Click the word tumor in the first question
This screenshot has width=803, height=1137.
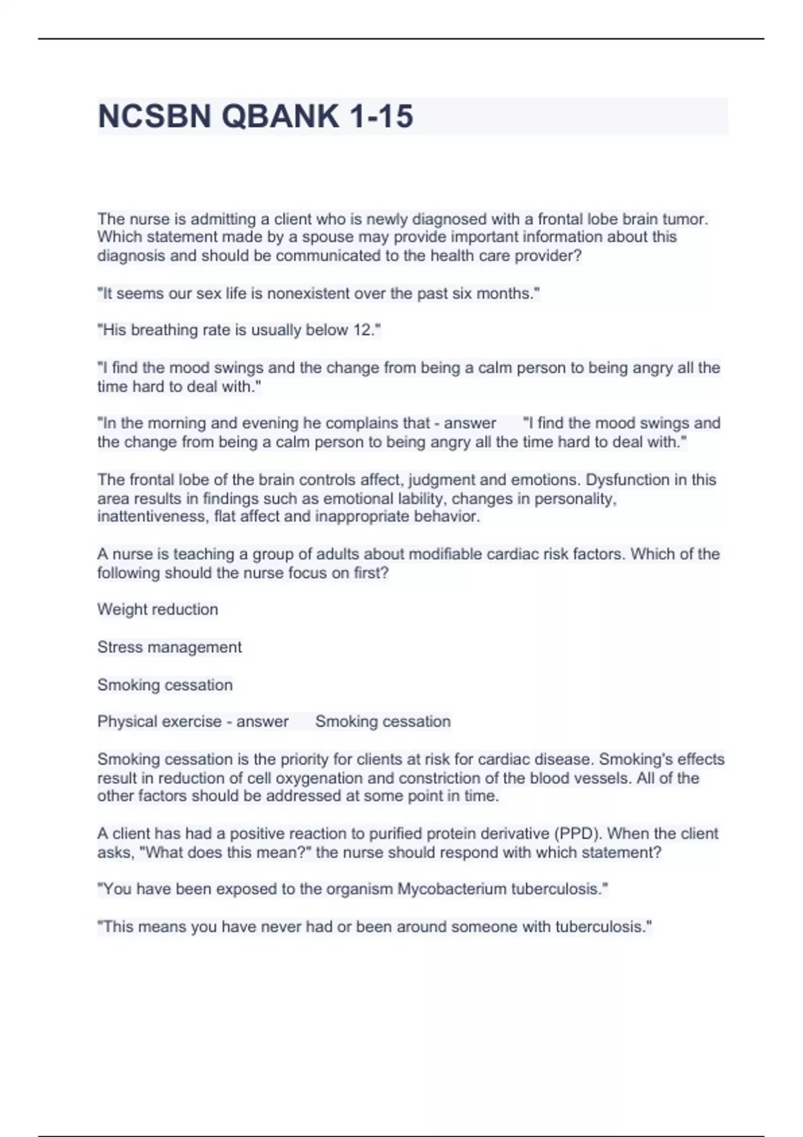686,219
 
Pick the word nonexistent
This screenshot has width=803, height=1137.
308,293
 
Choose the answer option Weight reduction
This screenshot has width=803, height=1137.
157,609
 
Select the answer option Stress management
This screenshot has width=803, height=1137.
169,647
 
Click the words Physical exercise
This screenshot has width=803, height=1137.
159,721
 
